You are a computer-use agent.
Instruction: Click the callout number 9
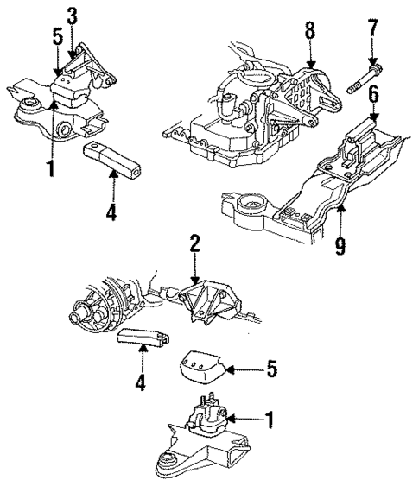coord(341,247)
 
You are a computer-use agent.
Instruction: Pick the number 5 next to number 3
coord(57,38)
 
